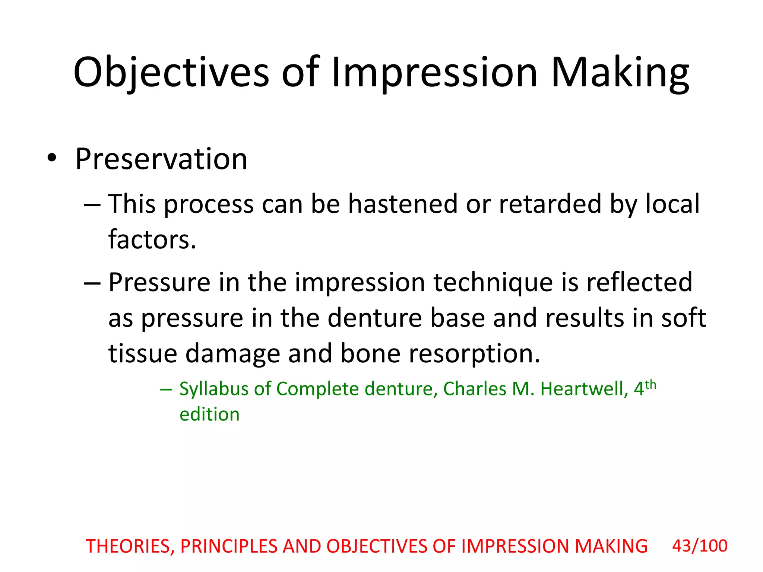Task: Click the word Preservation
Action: click(161, 159)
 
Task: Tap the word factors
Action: click(152, 239)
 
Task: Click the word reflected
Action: click(639, 282)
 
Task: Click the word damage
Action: click(232, 354)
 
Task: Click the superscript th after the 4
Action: click(650, 384)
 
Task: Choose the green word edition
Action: click(209, 414)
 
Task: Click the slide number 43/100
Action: click(700, 546)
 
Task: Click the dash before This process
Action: click(92, 205)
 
